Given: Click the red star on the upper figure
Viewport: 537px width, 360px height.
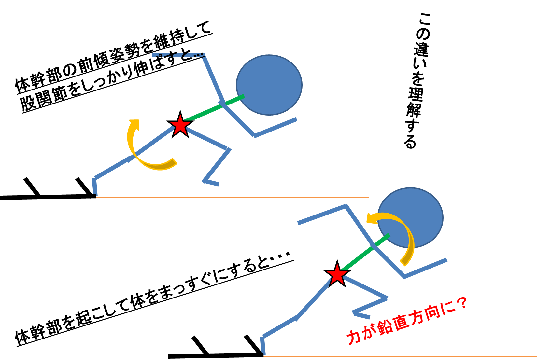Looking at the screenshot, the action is [180, 125].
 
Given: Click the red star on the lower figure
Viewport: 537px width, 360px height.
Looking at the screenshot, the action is [337, 274].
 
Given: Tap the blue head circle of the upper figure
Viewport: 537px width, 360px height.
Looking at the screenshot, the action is [269, 85].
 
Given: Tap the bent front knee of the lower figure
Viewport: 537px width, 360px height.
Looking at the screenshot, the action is [386, 298].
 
